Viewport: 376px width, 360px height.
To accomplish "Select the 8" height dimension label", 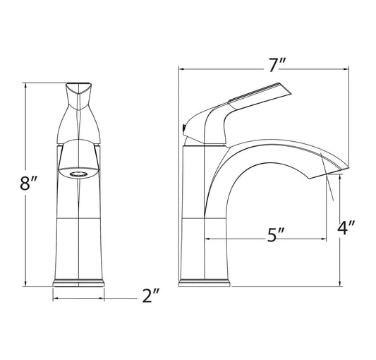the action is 28,183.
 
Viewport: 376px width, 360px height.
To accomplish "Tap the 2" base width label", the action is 150,296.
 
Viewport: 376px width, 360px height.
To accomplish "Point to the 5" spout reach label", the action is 275,235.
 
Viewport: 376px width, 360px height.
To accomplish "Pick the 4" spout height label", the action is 346,227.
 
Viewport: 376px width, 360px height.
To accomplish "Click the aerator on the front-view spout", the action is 78,174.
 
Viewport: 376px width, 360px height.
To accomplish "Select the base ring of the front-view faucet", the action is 78,282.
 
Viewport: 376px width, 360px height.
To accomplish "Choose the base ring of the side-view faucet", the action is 205,282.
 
